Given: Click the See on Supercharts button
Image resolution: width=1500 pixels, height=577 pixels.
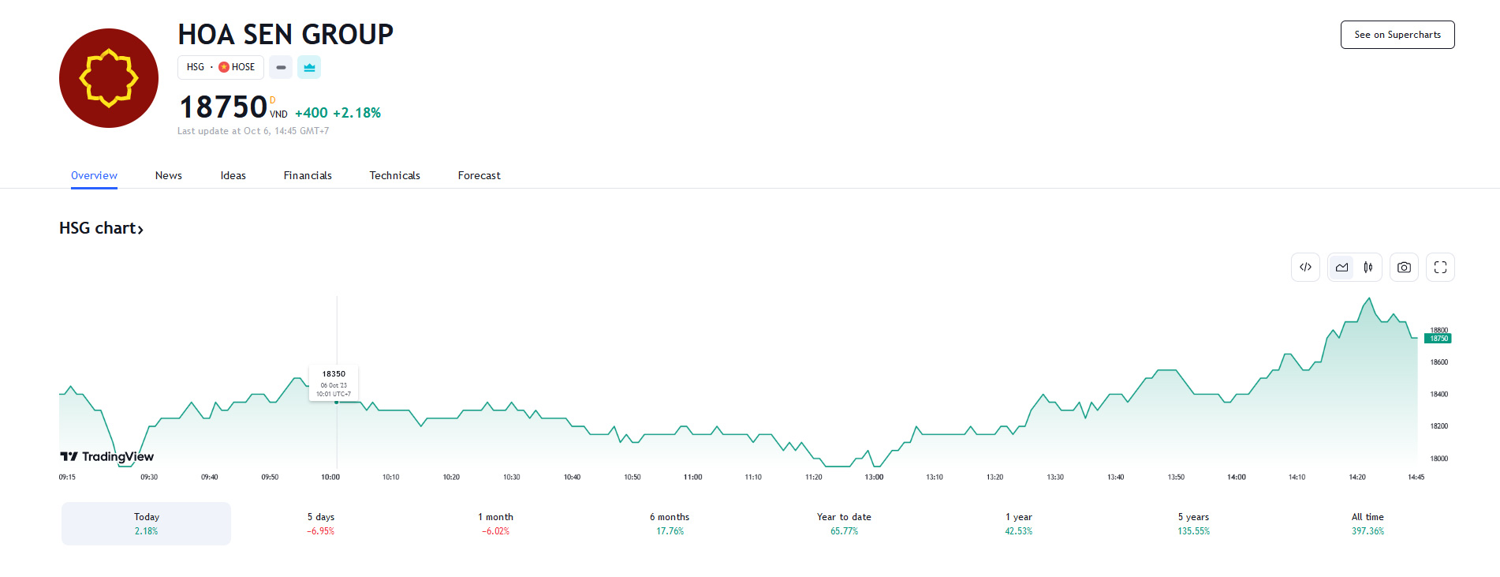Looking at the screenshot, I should click(x=1397, y=35).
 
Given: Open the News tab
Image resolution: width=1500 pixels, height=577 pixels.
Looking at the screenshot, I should click(x=168, y=175).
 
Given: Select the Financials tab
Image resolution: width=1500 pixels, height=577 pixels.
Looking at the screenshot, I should click(x=308, y=175).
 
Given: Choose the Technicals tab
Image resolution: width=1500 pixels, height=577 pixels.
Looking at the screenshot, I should click(x=394, y=175).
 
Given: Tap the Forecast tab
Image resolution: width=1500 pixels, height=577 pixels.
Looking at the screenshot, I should click(x=479, y=175).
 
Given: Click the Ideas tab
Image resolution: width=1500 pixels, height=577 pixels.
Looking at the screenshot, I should click(x=233, y=175).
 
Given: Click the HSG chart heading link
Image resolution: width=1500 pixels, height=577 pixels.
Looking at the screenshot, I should click(x=101, y=228).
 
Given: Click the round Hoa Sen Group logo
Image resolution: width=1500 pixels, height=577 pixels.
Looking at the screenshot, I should click(x=109, y=78).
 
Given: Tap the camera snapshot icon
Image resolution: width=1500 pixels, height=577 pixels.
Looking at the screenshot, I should click(x=1404, y=268).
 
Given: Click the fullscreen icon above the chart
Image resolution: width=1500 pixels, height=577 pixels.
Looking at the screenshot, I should click(x=1440, y=268).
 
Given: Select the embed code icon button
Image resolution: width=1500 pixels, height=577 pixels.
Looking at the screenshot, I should click(x=1305, y=268).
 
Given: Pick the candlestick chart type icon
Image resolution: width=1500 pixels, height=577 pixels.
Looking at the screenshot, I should click(x=1368, y=268).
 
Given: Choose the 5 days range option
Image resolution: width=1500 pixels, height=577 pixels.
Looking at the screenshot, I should click(x=321, y=523).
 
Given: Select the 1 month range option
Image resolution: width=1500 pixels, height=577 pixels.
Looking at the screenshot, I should click(x=495, y=523).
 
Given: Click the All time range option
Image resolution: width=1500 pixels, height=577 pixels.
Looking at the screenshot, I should click(x=1368, y=523).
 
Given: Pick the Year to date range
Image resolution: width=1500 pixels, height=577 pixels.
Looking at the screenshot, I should click(x=844, y=523).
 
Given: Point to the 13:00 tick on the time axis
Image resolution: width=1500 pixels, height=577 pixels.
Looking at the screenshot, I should click(x=874, y=477).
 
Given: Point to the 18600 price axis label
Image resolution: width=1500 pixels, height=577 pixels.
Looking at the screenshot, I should click(x=1439, y=362).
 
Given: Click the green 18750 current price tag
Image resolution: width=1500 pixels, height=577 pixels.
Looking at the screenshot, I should click(x=1438, y=339).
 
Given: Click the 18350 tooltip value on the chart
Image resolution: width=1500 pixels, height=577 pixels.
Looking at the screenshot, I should click(x=334, y=374).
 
